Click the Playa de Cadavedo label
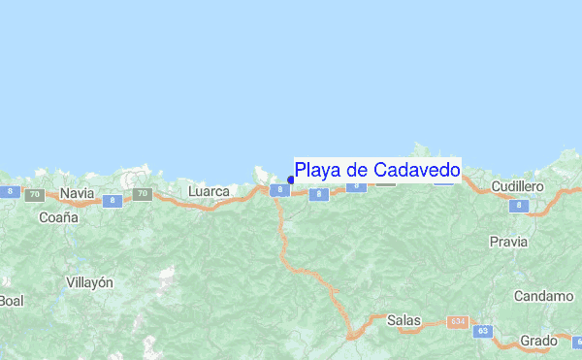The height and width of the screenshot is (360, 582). point(377,171)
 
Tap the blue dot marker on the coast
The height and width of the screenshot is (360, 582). point(291,179)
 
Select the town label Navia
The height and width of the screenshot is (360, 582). point(77,193)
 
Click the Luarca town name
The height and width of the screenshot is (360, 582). point(209,192)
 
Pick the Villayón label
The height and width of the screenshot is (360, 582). point(89,282)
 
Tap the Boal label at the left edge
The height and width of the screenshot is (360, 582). point(11,301)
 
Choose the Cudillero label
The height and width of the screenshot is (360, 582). point(517,185)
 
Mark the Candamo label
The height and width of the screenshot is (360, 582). point(544,296)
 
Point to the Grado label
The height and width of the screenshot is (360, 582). point(538,341)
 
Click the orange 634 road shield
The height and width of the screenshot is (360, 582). point(458,320)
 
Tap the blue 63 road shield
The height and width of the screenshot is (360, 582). point(483,332)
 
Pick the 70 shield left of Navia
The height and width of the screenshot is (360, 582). point(35,194)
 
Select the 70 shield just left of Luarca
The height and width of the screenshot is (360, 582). point(142,194)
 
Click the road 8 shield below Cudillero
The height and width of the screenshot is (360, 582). point(519,206)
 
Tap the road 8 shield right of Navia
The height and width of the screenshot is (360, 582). point(113,201)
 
